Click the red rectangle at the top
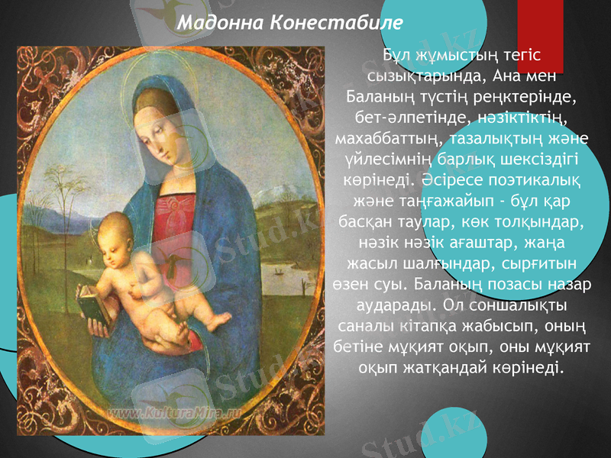coord(540,34)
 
